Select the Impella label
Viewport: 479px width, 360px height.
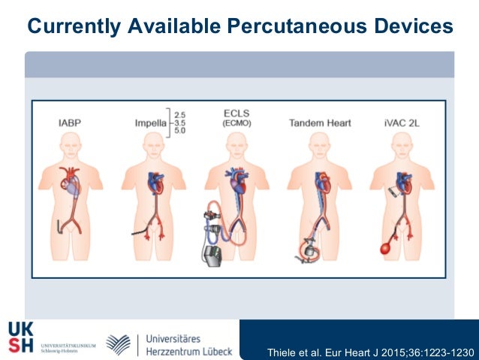click(150, 122)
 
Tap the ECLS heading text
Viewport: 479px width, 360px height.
click(236, 113)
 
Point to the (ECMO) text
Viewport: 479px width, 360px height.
click(236, 123)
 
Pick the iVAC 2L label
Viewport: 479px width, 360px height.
click(397, 122)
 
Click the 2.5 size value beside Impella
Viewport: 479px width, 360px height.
click(181, 114)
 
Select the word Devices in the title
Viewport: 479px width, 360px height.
click(412, 28)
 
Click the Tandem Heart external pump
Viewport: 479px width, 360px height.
click(307, 248)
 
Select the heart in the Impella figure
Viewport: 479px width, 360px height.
click(154, 183)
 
